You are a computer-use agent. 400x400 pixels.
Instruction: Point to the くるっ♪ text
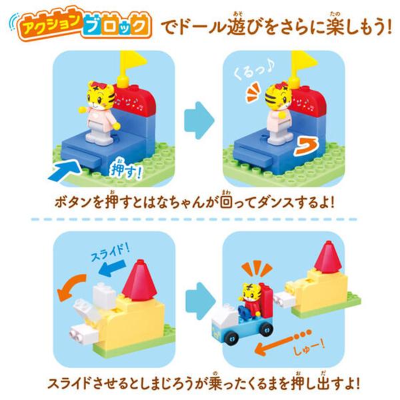[251, 72]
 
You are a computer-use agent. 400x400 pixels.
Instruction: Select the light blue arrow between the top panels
[199, 116]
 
